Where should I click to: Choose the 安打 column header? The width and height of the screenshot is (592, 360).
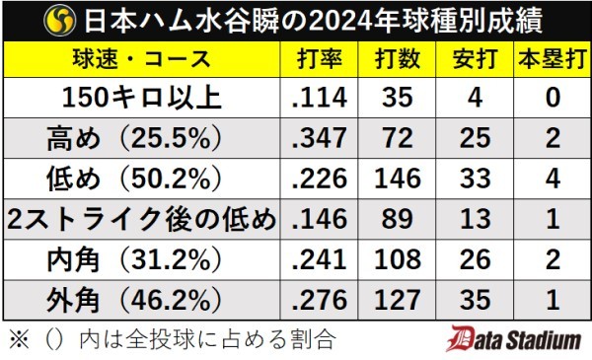point(477,58)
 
